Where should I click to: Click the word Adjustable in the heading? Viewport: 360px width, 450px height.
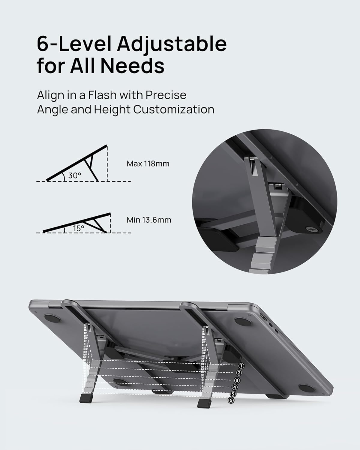click(172, 44)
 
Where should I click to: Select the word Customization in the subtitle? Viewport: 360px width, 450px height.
click(174, 109)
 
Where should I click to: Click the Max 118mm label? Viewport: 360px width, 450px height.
click(148, 164)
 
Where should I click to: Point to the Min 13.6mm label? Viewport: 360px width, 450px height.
click(149, 220)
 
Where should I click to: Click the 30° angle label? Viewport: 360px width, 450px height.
click(75, 176)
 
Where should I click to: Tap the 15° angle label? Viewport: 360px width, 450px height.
click(79, 229)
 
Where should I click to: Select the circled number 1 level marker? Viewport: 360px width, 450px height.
click(241, 366)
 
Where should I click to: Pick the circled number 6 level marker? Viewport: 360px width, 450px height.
click(231, 400)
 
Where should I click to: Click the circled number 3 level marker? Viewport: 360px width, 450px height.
click(237, 380)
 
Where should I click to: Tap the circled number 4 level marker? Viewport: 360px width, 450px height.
click(235, 387)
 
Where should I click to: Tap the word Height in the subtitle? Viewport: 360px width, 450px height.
click(112, 109)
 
